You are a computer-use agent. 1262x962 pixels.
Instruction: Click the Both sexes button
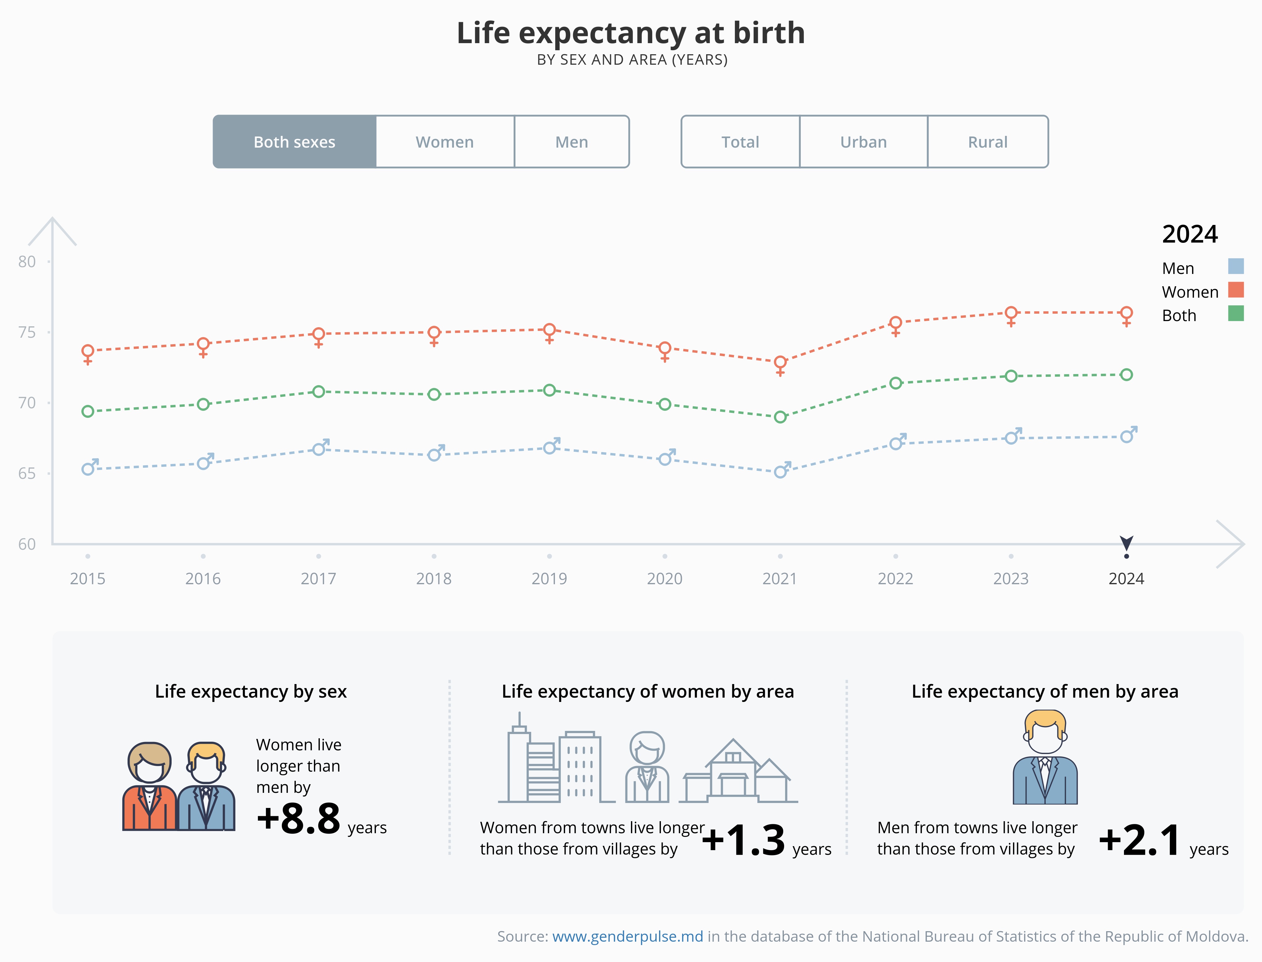tap(294, 142)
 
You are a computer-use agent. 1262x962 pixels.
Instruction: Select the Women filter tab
tap(445, 142)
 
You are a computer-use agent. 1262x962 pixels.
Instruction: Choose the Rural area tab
tap(988, 142)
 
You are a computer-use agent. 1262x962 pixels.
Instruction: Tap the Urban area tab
tap(864, 142)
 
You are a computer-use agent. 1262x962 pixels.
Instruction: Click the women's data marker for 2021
tap(780, 363)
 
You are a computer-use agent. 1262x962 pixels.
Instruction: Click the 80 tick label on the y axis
tap(27, 262)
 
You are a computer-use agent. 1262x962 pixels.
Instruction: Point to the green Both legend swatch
tap(1236, 314)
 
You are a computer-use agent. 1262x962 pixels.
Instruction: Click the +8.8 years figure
tap(299, 818)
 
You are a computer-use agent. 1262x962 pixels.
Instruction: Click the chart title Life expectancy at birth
tap(630, 33)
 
